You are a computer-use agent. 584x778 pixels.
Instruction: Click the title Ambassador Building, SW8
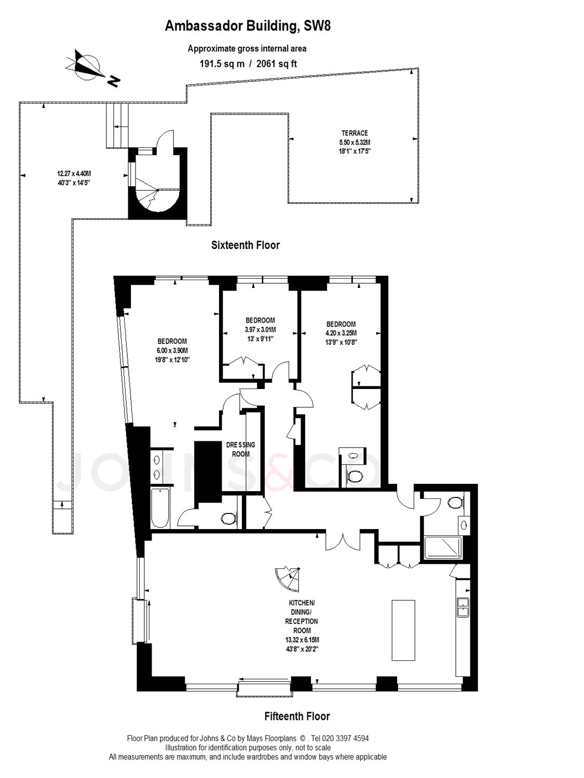(x=248, y=26)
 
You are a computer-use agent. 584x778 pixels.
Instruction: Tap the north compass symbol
(x=91, y=68)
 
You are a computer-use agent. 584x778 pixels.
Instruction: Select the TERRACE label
(x=355, y=133)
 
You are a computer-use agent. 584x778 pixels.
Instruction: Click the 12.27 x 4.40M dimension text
(x=74, y=174)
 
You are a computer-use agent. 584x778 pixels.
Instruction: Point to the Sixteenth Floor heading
(x=246, y=245)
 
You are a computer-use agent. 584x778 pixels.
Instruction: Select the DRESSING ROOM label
(x=241, y=449)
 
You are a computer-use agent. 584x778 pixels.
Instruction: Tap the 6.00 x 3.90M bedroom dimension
(x=172, y=351)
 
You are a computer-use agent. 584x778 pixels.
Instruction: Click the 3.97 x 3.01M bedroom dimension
(x=260, y=330)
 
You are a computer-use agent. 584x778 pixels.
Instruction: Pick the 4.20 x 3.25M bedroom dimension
(x=341, y=333)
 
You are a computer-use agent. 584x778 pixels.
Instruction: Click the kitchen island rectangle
(x=403, y=630)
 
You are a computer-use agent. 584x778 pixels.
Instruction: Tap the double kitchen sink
(x=463, y=607)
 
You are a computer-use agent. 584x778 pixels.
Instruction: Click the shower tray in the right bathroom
(x=443, y=548)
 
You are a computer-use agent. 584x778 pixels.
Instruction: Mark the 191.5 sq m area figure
(x=222, y=64)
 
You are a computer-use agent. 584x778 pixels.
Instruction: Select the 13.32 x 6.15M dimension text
(x=302, y=640)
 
